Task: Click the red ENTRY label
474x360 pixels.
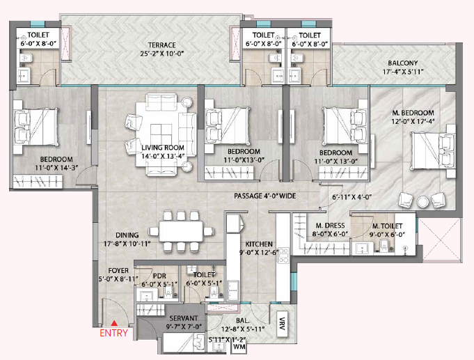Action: point(113,333)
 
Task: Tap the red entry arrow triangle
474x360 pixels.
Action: point(113,323)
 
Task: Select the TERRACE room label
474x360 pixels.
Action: point(161,45)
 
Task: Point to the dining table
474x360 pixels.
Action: point(181,231)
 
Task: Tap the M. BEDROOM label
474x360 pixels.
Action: point(413,113)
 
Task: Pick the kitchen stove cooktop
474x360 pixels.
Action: point(283,255)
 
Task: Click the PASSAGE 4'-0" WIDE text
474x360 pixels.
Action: point(264,196)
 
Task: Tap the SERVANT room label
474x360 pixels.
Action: point(184,318)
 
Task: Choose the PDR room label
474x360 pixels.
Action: point(159,276)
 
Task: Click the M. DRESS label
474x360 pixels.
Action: point(330,226)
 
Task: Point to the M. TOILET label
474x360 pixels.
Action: point(387,226)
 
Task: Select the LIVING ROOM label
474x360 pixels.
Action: point(163,148)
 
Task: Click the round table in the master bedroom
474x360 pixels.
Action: point(423,202)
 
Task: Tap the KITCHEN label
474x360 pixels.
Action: point(259,244)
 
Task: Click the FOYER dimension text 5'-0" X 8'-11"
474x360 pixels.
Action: point(118,279)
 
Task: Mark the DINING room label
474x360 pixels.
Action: point(127,235)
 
